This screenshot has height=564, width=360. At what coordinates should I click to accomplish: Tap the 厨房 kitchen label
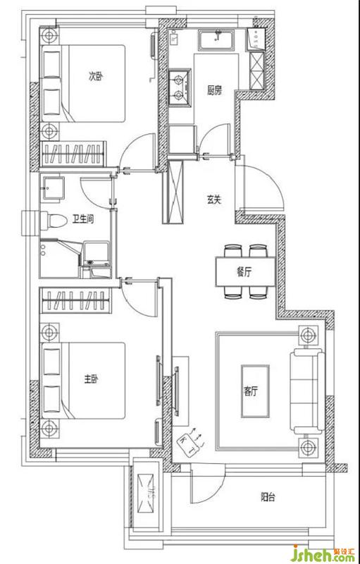214,91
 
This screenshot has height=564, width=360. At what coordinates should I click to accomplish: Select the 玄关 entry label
213,200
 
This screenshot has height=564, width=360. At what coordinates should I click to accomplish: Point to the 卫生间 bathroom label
85,219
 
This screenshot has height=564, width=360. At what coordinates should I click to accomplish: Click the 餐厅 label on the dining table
244,271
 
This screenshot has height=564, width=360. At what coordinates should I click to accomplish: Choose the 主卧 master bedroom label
91,379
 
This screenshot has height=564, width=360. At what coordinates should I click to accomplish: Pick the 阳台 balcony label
268,498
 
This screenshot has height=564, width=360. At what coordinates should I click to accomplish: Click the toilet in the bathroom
53,220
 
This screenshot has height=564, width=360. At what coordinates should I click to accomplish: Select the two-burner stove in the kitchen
180,87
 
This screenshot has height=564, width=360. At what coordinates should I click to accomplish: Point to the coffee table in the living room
255,391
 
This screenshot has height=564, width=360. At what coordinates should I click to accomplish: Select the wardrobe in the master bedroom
74,300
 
